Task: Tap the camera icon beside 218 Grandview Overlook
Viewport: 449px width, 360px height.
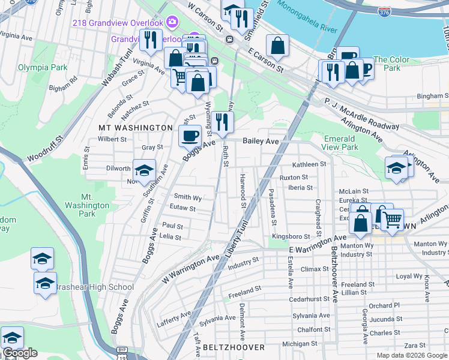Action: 172,22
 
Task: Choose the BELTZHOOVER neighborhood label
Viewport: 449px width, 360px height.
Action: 234,347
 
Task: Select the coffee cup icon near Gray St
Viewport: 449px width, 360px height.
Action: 190,135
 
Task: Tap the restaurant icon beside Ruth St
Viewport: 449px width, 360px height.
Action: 223,122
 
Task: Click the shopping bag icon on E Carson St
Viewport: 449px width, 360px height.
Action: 278,45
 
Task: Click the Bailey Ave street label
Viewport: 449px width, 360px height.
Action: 261,141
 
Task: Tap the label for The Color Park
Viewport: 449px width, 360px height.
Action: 391,64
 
